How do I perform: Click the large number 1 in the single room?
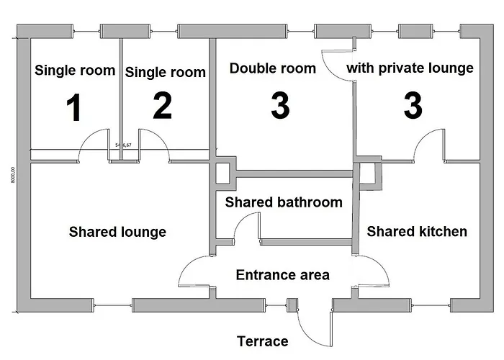[x=73, y=108]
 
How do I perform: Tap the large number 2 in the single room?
[x=163, y=107]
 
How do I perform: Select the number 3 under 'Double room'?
[x=280, y=107]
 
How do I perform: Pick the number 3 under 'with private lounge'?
[x=412, y=107]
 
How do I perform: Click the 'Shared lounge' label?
[x=117, y=232]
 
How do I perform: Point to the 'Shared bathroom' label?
[x=284, y=202]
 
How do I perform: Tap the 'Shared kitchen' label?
[x=417, y=231]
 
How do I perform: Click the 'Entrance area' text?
[x=283, y=275]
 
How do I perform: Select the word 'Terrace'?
[x=263, y=341]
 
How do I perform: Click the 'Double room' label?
[x=273, y=69]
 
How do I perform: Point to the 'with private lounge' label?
[x=410, y=68]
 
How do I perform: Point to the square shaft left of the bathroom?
[x=222, y=173]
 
